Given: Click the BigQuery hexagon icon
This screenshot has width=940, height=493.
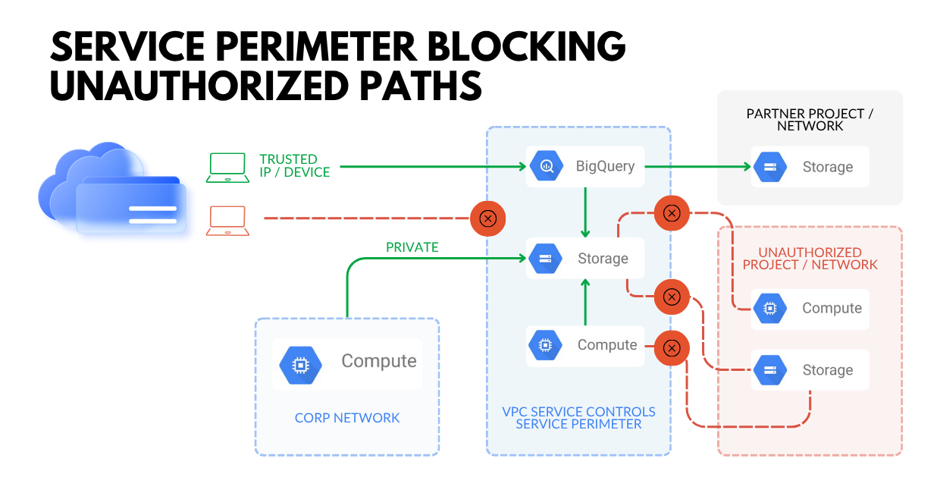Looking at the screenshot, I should tap(545, 166).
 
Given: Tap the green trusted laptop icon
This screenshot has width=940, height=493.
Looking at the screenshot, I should tap(227, 168).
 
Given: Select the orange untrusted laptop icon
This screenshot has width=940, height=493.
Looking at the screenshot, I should tap(227, 221).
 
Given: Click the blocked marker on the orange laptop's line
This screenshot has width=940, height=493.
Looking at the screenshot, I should tap(488, 219).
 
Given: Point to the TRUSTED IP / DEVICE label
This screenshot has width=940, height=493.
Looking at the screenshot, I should tap(294, 166).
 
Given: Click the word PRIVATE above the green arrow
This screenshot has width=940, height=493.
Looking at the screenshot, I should tap(412, 247).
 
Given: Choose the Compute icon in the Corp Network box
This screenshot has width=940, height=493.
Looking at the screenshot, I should tap(300, 365).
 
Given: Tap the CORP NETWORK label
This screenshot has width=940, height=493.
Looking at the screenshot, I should tap(347, 418).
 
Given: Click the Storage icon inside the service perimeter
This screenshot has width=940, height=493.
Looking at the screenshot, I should tap(545, 259).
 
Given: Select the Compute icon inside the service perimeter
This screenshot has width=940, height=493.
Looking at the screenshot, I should tap(545, 345).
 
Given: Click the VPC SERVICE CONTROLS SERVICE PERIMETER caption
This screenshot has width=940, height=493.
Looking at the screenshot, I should tap(578, 418).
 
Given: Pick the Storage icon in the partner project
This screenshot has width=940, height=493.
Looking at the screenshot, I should tap(770, 168).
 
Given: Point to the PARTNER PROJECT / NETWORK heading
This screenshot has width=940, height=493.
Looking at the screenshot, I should tap(810, 120).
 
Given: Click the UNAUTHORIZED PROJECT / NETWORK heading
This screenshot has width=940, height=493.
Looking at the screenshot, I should tap(810, 259).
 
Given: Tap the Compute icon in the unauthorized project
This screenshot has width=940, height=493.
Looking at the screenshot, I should tap(770, 309).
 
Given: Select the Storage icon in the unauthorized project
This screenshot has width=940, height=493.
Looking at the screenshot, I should tap(770, 370).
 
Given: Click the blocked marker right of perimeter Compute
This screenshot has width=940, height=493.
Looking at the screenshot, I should tap(671, 348).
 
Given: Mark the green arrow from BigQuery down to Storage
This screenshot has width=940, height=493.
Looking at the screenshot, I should tap(584, 212).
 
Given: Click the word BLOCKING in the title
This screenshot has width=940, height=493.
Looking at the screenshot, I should tap(523, 49).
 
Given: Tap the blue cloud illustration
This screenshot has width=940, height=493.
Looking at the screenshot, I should tap(106, 190).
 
